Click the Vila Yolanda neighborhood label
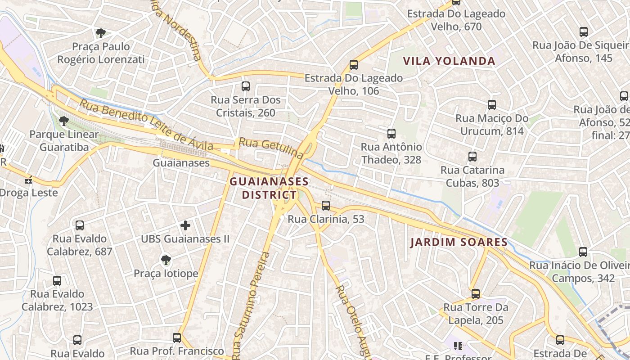449,61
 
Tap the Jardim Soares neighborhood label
459,243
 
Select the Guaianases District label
269,189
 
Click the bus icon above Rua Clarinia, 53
326,206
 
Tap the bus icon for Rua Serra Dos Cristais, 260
246,86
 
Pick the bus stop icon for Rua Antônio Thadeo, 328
391,134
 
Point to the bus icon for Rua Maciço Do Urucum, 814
492,105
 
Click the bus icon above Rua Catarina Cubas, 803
472,157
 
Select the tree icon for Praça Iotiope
166,259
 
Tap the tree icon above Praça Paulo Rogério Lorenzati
101,33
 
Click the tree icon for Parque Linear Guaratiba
64,121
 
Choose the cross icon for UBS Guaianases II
185,225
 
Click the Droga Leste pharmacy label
29,193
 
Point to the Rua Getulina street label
271,148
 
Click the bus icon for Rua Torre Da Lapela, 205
476,294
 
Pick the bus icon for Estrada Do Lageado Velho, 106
354,65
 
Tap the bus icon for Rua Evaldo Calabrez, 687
80,225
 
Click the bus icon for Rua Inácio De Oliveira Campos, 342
583,252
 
